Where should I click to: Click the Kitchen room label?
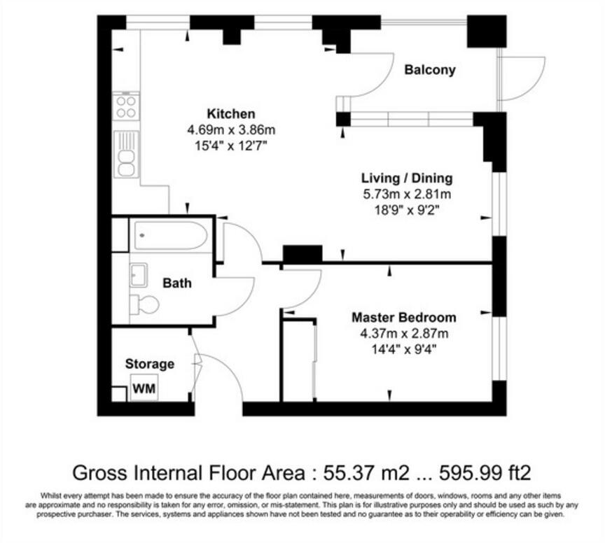(x=230, y=113)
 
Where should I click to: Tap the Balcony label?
(x=430, y=69)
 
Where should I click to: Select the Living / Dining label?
(x=406, y=178)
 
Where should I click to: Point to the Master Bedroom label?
(x=403, y=317)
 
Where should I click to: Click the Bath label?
(x=177, y=283)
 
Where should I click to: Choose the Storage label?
(x=150, y=364)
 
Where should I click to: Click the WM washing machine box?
(x=144, y=387)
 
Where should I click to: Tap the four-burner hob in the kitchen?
(x=126, y=107)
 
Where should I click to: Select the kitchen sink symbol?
(x=126, y=155)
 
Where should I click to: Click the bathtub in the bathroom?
(x=169, y=235)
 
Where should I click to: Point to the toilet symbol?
(x=145, y=304)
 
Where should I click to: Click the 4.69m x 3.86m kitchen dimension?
(x=230, y=129)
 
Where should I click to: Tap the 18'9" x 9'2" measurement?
(x=406, y=209)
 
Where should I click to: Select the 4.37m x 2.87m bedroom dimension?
(x=403, y=333)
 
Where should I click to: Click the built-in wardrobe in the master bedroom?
(x=298, y=360)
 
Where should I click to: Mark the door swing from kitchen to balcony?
(x=356, y=87)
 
